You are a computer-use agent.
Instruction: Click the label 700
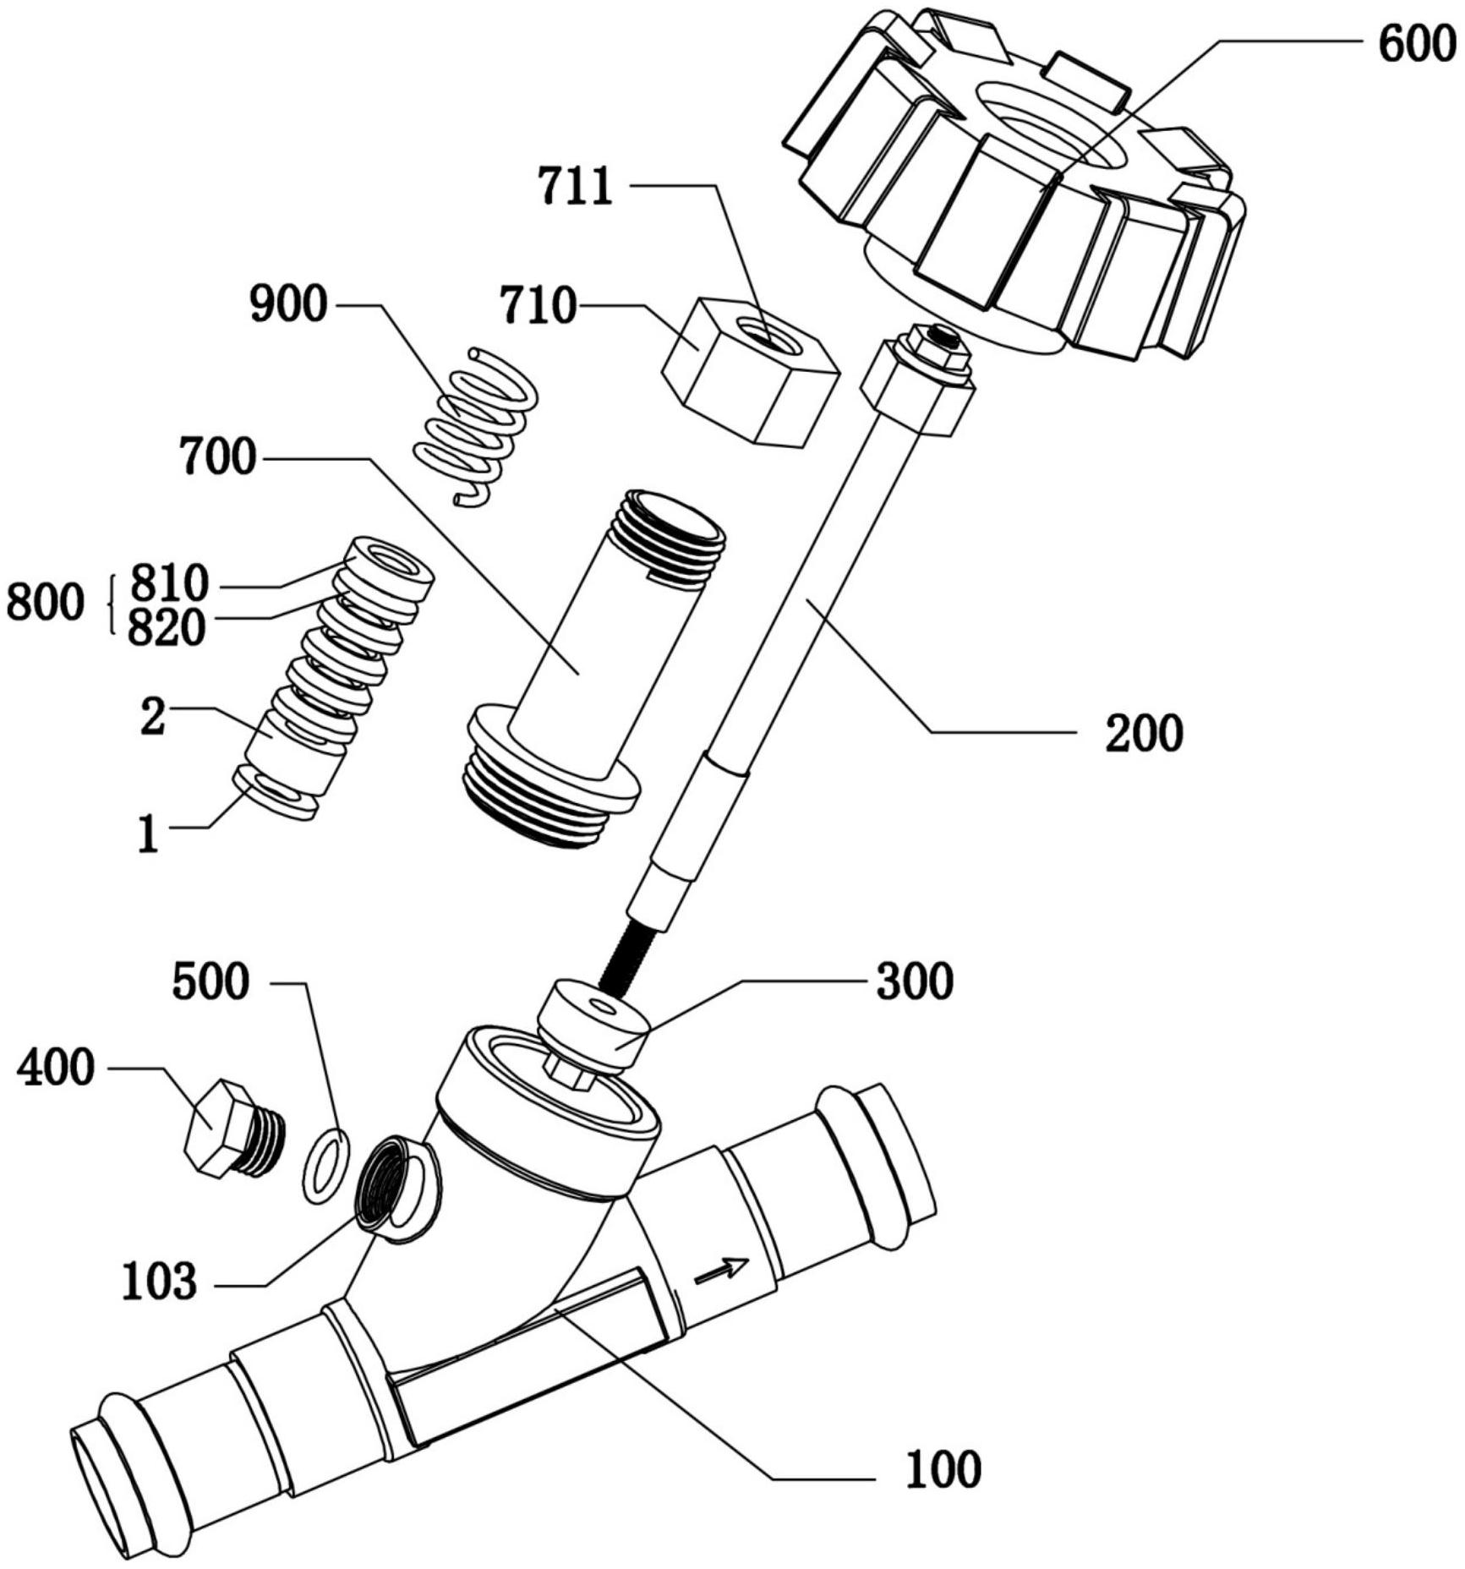(x=217, y=457)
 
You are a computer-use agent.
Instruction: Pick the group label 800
(x=46, y=604)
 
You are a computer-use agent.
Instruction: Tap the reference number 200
(x=1144, y=733)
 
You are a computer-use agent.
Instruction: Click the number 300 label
(x=915, y=981)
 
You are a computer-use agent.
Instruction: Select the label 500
(x=210, y=982)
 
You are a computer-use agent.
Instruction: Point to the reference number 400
(x=56, y=1067)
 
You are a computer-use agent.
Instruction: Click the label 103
(x=160, y=1281)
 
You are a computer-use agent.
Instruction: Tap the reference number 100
(x=943, y=1468)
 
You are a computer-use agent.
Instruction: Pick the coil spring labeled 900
(x=476, y=427)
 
